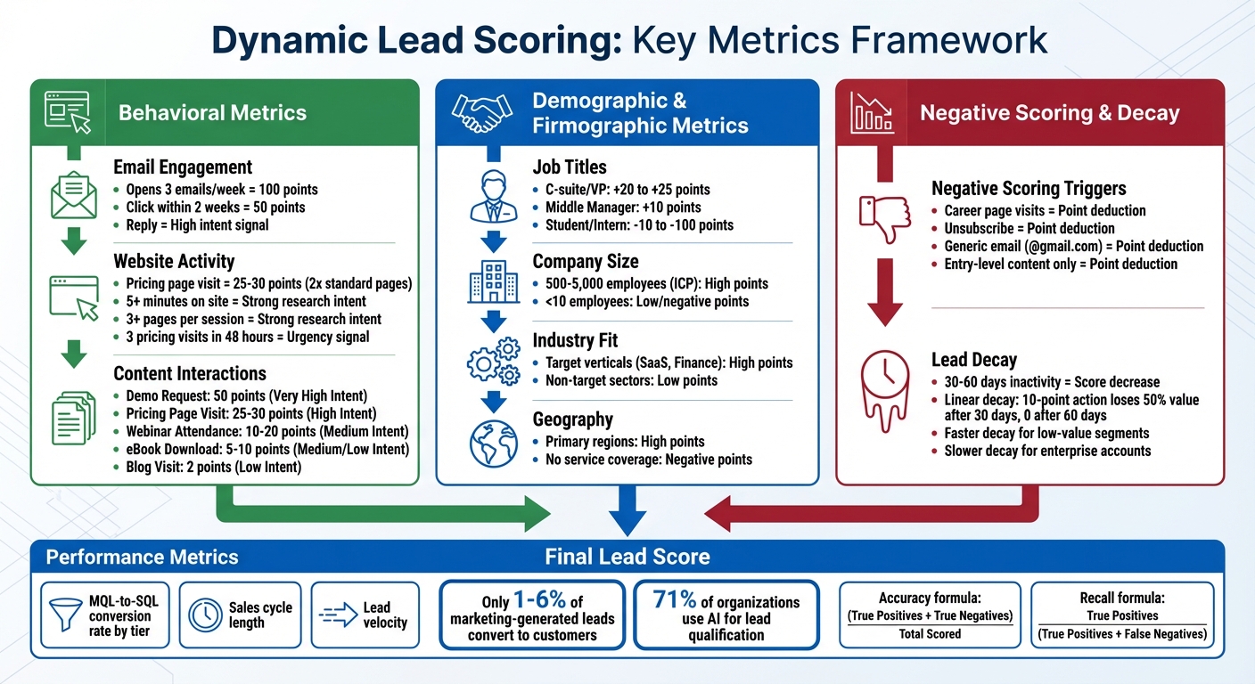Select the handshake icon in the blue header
point(481,112)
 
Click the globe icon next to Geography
point(493,442)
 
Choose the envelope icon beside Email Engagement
point(74,195)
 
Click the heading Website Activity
point(174,262)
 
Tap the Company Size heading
point(586,262)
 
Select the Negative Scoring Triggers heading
point(1029,189)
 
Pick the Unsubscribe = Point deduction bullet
point(1029,228)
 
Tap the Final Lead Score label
point(627,558)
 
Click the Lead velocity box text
point(376,615)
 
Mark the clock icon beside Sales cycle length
point(206,615)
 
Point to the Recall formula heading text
point(1121,598)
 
